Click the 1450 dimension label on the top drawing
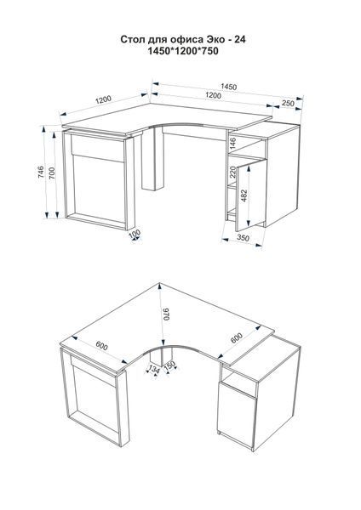tap(229, 87)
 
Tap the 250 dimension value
tap(288, 104)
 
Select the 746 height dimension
tap(41, 172)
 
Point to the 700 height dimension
tap(52, 173)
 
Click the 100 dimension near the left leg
tap(135, 234)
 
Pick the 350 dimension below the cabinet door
tap(243, 238)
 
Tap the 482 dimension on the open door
tap(244, 195)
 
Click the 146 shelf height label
tap(232, 143)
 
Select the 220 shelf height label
tap(232, 172)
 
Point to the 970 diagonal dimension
tap(166, 314)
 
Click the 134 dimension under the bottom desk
tap(154, 369)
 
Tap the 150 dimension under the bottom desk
tap(170, 365)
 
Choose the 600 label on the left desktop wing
tap(101, 347)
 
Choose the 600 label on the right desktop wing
tap(237, 338)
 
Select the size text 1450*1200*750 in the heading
tap(183, 51)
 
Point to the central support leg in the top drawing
tap(152, 158)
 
